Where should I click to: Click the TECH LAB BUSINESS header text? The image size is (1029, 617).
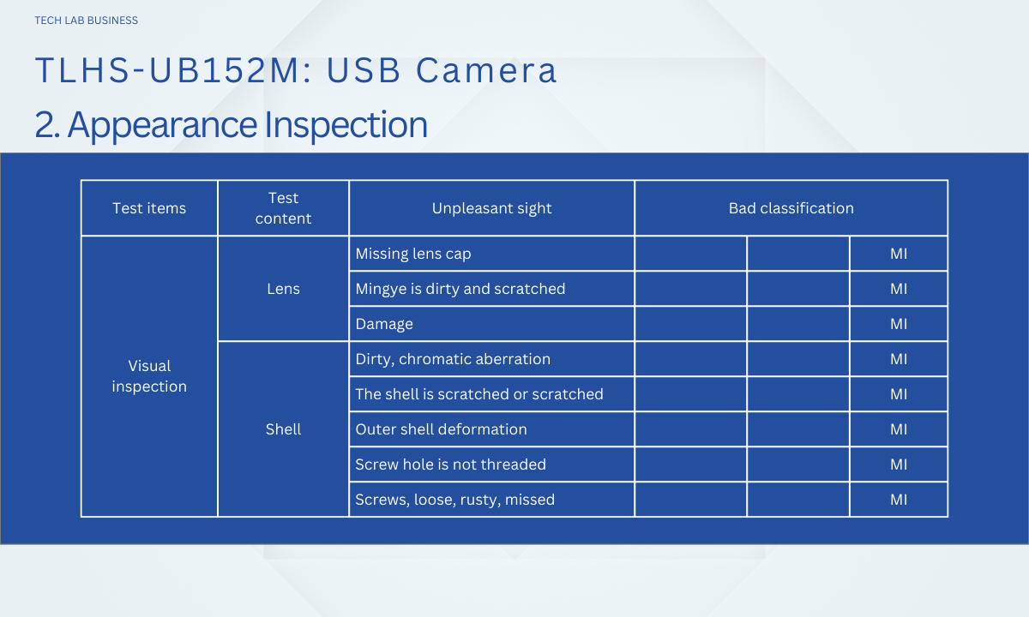pyautogui.click(x=87, y=21)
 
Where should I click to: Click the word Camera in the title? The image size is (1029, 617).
pyautogui.click(x=486, y=70)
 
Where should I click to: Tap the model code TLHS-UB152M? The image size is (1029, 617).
pyautogui.click(x=169, y=70)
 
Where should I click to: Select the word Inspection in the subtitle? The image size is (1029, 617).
pyautogui.click(x=346, y=124)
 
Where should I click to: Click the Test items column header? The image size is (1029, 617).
pyautogui.click(x=149, y=208)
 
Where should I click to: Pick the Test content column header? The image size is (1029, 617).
pyautogui.click(x=284, y=208)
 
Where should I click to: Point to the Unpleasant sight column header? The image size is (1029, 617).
pyautogui.click(x=491, y=208)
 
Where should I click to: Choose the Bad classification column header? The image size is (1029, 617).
pyautogui.click(x=791, y=208)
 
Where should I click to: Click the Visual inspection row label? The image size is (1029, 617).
pyautogui.click(x=149, y=376)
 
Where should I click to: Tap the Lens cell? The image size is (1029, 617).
pyautogui.click(x=284, y=289)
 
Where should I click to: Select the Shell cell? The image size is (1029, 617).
pyautogui.click(x=284, y=429)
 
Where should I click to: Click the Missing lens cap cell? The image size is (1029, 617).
pyautogui.click(x=413, y=254)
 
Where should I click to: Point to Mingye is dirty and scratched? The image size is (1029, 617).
pyautogui.click(x=460, y=290)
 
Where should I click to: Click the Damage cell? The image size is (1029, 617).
pyautogui.click(x=384, y=324)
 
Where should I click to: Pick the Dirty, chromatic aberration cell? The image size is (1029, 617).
pyautogui.click(x=453, y=359)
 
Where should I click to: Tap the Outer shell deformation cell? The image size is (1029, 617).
pyautogui.click(x=441, y=429)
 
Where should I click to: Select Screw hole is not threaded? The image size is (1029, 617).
pyautogui.click(x=451, y=464)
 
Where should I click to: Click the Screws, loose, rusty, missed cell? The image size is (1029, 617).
pyautogui.click(x=454, y=500)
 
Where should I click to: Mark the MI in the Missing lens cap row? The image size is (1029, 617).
pyautogui.click(x=899, y=254)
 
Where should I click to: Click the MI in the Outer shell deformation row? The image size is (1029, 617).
pyautogui.click(x=899, y=429)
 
